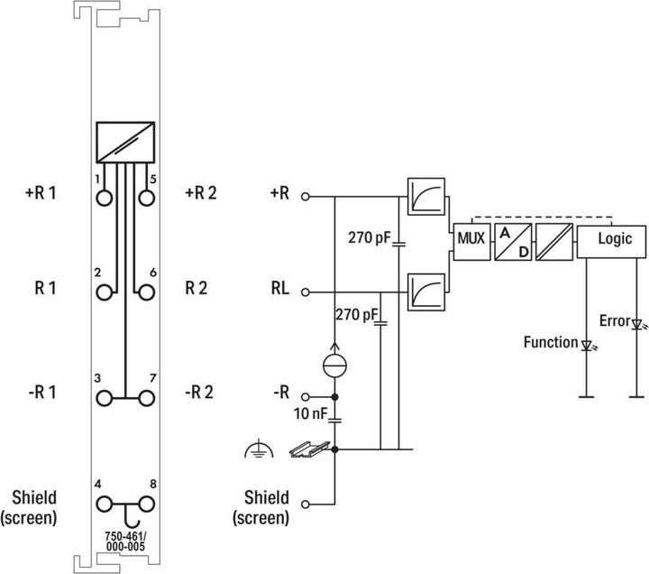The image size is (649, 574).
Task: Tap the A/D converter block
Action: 511,239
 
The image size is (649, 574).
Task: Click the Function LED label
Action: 550,342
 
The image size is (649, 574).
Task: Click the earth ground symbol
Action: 256,448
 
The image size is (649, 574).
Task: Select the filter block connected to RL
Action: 423,292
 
